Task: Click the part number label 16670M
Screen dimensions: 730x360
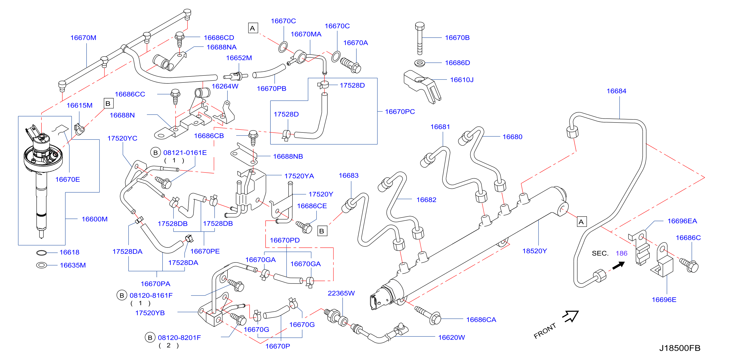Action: pos(83,38)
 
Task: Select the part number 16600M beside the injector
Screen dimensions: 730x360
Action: pos(95,219)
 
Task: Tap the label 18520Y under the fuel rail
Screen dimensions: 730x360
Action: pos(535,251)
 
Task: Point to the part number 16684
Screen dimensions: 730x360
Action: pos(616,91)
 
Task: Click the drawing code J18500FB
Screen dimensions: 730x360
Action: pos(680,348)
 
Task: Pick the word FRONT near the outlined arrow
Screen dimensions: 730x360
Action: pos(545,331)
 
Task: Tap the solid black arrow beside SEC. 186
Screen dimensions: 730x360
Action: pos(619,265)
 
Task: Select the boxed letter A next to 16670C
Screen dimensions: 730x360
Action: pos(253,28)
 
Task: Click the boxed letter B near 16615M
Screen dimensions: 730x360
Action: pos(108,104)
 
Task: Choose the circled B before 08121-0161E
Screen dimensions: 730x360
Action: pos(155,153)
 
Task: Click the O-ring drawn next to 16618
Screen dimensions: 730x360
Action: pos(41,253)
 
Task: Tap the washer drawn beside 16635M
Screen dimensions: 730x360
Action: pos(41,265)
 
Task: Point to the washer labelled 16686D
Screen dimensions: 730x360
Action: pos(420,63)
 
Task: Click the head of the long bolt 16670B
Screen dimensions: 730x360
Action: pos(420,26)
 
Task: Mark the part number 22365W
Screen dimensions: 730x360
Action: pos(341,293)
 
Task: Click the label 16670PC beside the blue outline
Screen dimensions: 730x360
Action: pos(400,112)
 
